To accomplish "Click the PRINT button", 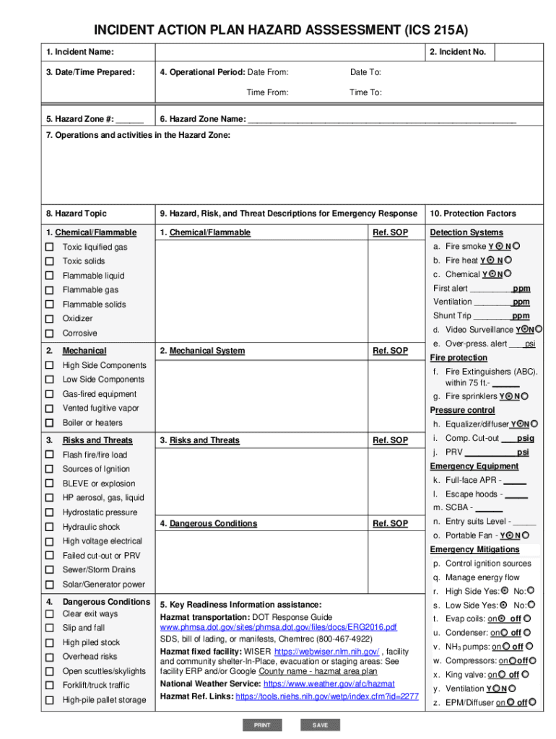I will tap(262, 725).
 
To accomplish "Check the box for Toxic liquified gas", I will tap(50, 248).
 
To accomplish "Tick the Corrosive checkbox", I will tap(50, 333).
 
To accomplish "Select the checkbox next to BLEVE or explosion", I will tap(50, 484).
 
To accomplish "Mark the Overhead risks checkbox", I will tap(50, 657).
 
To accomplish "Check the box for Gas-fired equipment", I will tap(50, 394).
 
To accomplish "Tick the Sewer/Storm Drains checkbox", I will tap(50, 570).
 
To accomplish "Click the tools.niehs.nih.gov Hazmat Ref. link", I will tap(327, 696).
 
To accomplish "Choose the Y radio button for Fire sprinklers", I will tap(509, 395).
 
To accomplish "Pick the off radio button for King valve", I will tap(525, 674).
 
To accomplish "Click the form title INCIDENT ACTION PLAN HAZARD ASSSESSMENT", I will tap(277, 30).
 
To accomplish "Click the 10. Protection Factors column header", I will tap(473, 214).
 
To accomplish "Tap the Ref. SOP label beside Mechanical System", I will tap(390, 351).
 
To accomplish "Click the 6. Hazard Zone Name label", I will tap(202, 119).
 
